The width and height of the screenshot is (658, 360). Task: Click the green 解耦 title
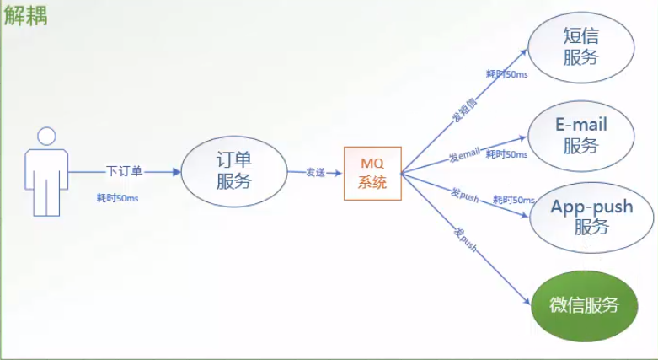[x=25, y=16]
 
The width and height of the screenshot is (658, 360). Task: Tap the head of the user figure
[x=46, y=137]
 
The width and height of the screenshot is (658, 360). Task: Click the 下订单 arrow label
[x=124, y=171]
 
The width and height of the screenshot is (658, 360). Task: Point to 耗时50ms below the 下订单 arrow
[x=117, y=198]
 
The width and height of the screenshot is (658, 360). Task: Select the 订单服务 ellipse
[x=234, y=171]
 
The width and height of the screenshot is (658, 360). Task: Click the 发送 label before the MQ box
[x=316, y=172]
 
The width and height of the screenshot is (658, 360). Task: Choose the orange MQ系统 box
[x=372, y=173]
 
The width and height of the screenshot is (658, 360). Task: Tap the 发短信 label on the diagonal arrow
[x=464, y=110]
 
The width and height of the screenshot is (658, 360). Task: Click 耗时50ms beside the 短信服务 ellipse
[x=507, y=74]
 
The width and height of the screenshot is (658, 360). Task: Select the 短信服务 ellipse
[x=580, y=47]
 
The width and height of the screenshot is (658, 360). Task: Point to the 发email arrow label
[x=464, y=155]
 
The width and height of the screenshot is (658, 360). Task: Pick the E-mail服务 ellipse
[x=580, y=136]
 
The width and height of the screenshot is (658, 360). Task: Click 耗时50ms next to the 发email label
[x=507, y=154]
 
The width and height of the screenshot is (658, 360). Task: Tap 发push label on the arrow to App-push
[x=465, y=195]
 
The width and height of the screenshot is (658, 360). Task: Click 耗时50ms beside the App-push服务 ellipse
[x=514, y=200]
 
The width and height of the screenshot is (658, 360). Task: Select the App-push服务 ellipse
[x=591, y=218]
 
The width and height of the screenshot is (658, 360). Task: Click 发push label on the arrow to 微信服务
[x=465, y=240]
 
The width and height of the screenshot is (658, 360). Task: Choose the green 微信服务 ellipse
[x=584, y=306]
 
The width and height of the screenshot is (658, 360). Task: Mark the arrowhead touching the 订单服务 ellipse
[x=177, y=171]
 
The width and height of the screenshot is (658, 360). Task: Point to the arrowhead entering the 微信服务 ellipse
[x=527, y=301]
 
